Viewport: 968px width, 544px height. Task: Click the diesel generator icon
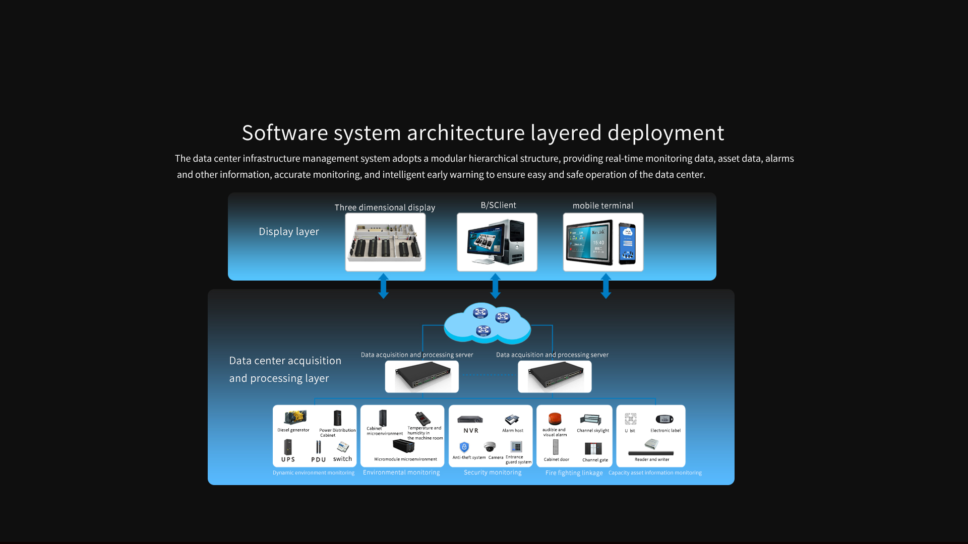[295, 418]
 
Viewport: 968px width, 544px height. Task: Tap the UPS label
[288, 459]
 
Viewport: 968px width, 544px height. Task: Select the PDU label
[318, 459]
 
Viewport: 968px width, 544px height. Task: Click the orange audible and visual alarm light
[555, 419]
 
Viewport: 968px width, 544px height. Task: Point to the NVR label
[471, 431]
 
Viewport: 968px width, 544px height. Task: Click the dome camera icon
[490, 447]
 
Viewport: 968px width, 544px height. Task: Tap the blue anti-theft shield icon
[464, 447]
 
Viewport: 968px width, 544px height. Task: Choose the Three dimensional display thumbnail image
[385, 242]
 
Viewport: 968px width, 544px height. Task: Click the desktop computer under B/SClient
[497, 242]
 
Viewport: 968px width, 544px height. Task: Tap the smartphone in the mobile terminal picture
[627, 243]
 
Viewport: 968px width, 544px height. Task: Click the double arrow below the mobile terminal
[606, 286]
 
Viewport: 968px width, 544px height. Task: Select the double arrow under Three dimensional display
[384, 286]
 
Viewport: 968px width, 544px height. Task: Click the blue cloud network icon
[487, 323]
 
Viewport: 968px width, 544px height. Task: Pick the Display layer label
[289, 232]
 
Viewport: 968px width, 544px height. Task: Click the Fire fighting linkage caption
[574, 473]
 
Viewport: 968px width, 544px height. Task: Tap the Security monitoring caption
[493, 472]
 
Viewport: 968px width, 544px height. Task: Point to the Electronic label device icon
[664, 419]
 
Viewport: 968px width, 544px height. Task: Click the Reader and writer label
[652, 459]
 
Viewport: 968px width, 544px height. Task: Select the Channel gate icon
[593, 448]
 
